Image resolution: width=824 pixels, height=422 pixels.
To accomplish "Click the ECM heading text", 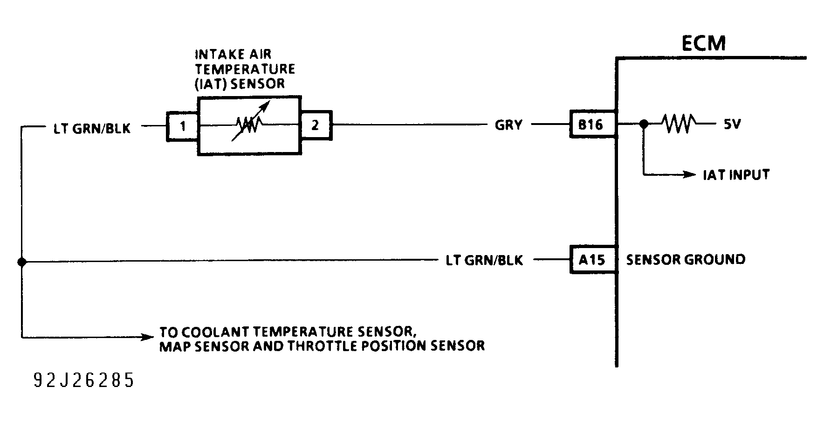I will (x=703, y=43).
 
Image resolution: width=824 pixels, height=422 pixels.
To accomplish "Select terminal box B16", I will (x=591, y=125).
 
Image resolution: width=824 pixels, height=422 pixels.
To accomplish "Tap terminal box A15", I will (x=591, y=259).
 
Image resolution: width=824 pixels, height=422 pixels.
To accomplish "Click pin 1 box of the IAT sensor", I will (x=183, y=126).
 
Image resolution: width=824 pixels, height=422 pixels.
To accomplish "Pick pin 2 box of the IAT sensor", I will (x=316, y=125).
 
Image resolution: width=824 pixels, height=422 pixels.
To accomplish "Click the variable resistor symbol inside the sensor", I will (x=251, y=124).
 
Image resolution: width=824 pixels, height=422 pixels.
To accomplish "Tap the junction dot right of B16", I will (x=644, y=124).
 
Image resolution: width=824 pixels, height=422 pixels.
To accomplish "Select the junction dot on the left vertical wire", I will (x=21, y=262).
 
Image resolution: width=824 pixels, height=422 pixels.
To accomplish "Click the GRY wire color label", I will (x=508, y=125).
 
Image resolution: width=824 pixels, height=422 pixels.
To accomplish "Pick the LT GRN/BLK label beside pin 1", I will (x=92, y=129).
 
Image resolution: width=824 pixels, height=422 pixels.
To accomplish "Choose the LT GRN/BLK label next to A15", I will (x=484, y=260).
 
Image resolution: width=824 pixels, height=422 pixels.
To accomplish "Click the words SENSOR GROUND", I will (x=685, y=259).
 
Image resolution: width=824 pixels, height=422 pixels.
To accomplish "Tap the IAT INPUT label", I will (x=736, y=175).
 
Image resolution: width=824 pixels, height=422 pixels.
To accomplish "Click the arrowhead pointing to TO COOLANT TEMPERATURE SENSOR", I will (x=148, y=337).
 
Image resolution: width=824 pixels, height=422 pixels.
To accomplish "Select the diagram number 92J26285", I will (x=84, y=380).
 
